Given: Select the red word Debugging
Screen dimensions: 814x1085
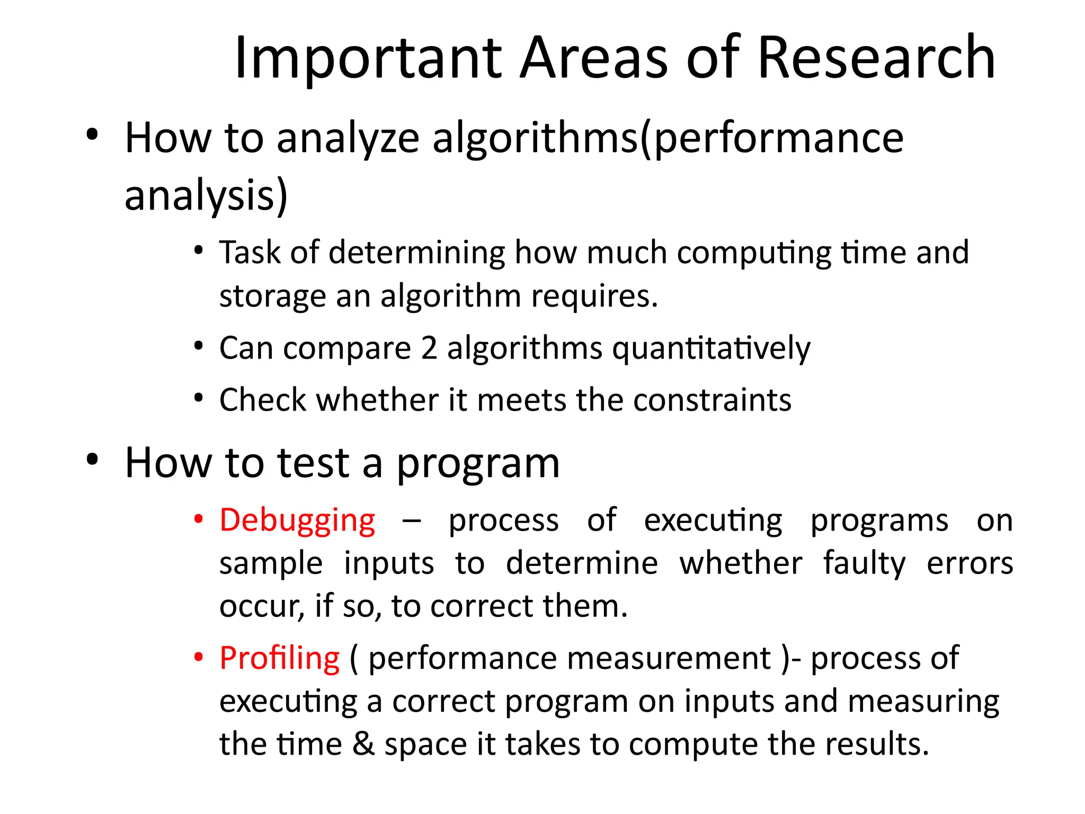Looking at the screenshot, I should pos(297,520).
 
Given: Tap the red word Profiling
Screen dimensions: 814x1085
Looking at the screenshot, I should pos(279,659).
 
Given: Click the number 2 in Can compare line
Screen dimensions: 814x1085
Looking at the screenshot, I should pos(429,348).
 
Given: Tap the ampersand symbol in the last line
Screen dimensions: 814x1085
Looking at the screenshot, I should pos(363,744).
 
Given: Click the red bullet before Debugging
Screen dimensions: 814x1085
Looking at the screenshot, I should pos(198,519).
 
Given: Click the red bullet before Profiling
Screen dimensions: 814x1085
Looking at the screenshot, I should pos(198,658).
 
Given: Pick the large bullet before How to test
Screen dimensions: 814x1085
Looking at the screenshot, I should pos(92,459).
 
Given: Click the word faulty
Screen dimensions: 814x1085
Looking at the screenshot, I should pos(864,563).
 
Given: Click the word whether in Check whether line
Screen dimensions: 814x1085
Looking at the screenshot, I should pos(378,400).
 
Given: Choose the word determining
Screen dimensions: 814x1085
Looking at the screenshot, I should pos(417,253).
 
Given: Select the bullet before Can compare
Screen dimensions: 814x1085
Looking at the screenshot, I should pos(198,347).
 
